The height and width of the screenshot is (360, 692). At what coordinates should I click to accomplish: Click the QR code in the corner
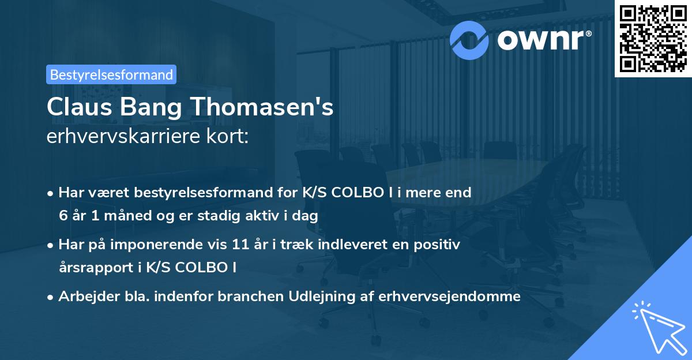pos(653,38)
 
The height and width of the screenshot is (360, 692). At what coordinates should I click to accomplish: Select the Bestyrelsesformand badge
pos(111,74)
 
